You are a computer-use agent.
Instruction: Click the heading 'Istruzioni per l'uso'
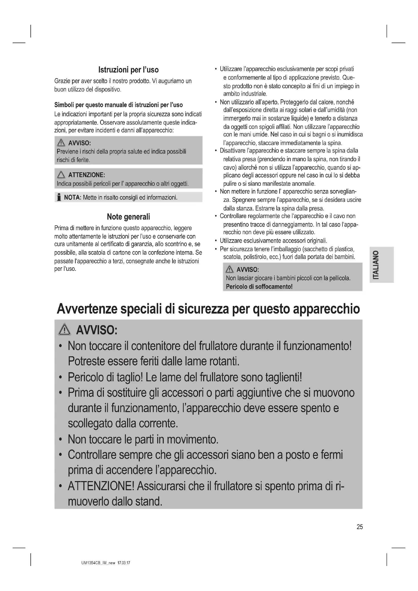(x=128, y=70)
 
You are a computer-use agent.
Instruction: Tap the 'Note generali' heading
(x=128, y=217)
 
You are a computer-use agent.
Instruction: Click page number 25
(x=360, y=527)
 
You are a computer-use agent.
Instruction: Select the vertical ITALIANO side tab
(x=381, y=265)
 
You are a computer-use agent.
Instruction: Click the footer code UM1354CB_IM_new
(x=98, y=563)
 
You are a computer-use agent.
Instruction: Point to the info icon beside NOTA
(x=59, y=198)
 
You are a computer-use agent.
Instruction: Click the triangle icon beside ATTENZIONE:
(x=61, y=175)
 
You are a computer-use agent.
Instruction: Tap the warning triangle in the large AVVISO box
(x=65, y=330)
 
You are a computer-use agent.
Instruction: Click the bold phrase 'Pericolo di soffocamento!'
(x=259, y=287)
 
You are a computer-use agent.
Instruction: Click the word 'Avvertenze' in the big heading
(x=87, y=309)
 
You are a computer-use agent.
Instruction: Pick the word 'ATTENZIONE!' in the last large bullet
(x=101, y=486)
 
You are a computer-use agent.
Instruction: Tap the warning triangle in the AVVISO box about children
(x=229, y=270)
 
